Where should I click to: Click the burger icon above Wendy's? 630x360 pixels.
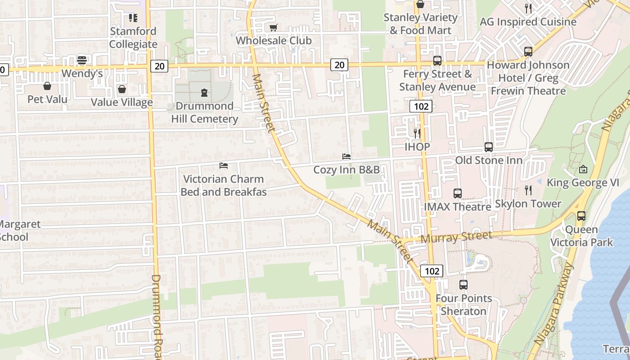(81, 60)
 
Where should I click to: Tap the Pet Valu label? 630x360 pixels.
(47, 99)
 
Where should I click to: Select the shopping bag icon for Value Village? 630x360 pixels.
(121, 89)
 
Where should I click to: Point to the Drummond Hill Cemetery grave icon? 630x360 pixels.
(204, 93)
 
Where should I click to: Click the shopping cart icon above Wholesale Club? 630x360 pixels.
(273, 27)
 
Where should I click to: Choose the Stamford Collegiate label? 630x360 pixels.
(133, 38)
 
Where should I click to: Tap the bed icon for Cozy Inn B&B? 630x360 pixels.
(346, 157)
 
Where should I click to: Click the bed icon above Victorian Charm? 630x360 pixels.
(223, 166)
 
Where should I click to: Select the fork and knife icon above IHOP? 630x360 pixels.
(417, 133)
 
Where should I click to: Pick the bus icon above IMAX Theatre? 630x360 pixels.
(457, 193)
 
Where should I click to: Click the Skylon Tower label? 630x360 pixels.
(528, 204)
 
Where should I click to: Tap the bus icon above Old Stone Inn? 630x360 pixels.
(488, 147)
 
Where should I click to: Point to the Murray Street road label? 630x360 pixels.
(456, 237)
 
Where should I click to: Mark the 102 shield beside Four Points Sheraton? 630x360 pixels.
(432, 271)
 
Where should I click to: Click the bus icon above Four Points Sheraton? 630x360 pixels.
(463, 285)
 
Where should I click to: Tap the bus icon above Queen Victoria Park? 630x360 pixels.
(581, 216)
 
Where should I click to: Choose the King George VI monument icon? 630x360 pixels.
(583, 169)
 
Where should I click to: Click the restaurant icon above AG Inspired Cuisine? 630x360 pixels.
(528, 8)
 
